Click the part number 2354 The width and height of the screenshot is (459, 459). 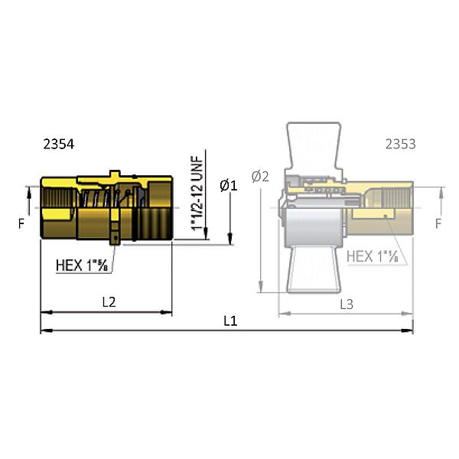60,144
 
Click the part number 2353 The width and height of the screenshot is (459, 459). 400,144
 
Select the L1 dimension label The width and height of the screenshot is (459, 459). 230,321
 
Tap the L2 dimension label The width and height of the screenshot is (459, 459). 109,302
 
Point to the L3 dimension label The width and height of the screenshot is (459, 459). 346,304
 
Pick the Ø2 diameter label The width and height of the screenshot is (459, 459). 261,176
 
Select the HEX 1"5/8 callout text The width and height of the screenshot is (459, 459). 84,265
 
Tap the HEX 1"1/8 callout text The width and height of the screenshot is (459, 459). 374,257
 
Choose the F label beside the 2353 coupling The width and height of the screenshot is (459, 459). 438,224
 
